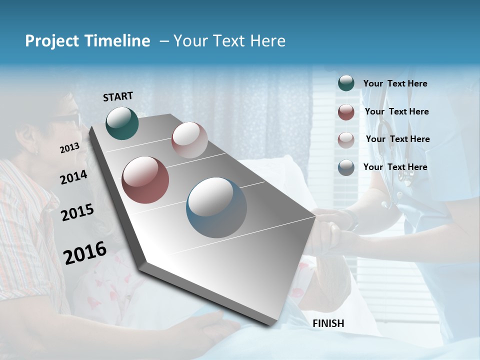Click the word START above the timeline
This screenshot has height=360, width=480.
pos(118,96)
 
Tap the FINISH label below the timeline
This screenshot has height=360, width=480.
pos(328,323)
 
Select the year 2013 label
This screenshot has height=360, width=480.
pos(70,148)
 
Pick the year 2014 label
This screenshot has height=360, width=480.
pos(73,177)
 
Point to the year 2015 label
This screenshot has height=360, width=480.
pos(77,212)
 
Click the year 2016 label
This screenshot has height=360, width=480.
pos(85,253)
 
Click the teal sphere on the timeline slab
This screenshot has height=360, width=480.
pos(122,123)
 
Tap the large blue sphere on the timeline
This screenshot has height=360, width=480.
pos(216,207)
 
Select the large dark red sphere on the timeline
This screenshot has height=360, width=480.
pos(145,180)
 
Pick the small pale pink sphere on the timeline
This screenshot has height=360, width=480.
pos(189,140)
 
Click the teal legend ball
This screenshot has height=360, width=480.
pos(346,83)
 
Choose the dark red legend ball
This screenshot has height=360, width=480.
pos(346,112)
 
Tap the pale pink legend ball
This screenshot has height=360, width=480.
pos(346,139)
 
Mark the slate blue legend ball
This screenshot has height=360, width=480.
pos(346,167)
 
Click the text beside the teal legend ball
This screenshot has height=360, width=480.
pos(395,84)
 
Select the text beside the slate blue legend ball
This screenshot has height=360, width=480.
pos(395,167)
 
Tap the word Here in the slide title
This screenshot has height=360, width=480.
pos(267,41)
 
